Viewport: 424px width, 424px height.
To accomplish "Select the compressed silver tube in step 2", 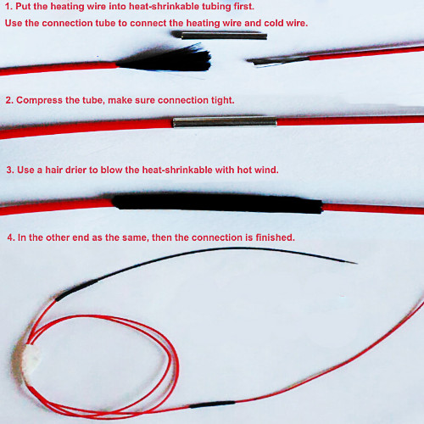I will point(224,122).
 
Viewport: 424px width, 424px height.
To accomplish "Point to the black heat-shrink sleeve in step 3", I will point(216,204).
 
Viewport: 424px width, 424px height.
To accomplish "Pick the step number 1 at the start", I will point(8,7).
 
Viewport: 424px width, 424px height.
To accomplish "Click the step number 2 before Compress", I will point(8,100).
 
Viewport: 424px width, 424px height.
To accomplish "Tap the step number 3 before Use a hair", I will point(8,170).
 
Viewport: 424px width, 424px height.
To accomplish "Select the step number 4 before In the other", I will point(8,237).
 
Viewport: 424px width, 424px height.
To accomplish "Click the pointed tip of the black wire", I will point(355,262).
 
